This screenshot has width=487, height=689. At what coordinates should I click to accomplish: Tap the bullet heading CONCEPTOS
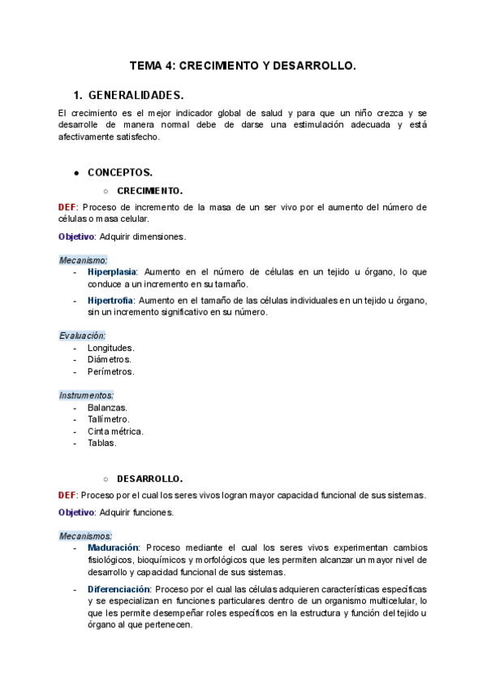pos(120,173)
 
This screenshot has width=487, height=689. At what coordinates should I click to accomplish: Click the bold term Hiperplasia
pos(112,271)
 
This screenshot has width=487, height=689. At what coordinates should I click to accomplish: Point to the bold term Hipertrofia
pos(112,300)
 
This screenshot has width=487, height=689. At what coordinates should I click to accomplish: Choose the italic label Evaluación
pos(82,336)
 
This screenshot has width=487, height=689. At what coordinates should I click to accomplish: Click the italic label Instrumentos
pos(86,395)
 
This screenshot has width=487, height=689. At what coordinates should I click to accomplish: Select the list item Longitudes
pos(110,348)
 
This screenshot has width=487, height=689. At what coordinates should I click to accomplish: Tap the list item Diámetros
pos(109,359)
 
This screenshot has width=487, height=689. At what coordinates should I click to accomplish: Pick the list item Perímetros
pos(110,371)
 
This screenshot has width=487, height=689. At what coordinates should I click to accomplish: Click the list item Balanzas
pos(107,407)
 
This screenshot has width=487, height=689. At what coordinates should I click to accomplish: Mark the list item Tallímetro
pos(109,419)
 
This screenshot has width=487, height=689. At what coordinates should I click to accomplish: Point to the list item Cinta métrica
pos(115,431)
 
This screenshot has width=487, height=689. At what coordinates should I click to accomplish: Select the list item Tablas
pos(101,443)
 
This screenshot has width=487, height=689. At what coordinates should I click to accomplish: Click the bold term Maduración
pos(113,548)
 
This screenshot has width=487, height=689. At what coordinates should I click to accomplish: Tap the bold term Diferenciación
pos(119,588)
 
